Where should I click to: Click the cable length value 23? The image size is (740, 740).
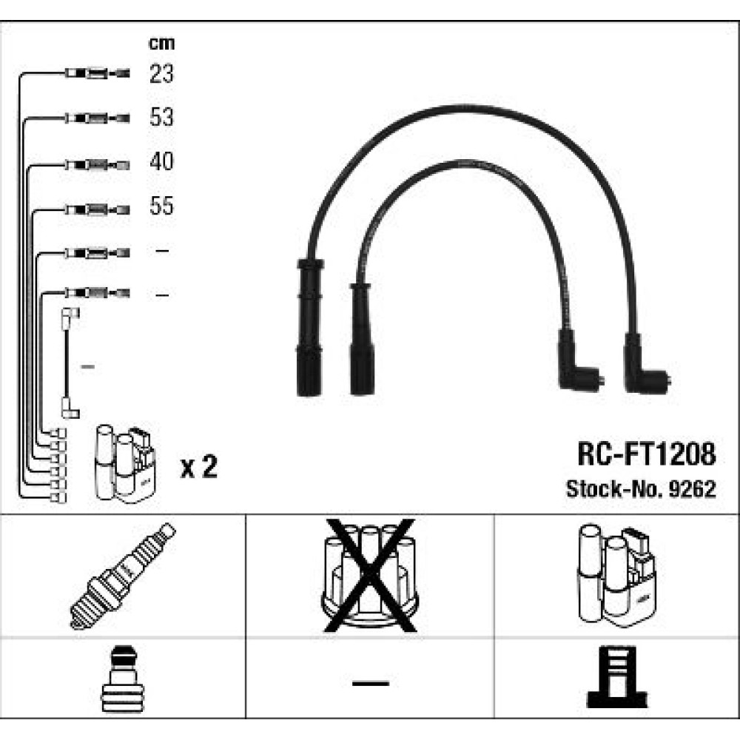click(x=161, y=73)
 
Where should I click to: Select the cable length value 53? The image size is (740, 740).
click(x=161, y=117)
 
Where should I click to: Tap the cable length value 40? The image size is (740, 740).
click(x=161, y=161)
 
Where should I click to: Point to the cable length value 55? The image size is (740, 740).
click(x=161, y=206)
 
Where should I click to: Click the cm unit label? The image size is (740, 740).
click(x=161, y=44)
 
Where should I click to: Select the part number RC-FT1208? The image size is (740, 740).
click(x=647, y=454)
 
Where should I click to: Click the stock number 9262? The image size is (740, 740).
click(x=693, y=489)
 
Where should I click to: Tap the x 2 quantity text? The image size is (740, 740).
click(x=198, y=466)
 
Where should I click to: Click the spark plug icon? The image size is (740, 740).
click(x=123, y=576)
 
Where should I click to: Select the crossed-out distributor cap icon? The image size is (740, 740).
click(x=369, y=576)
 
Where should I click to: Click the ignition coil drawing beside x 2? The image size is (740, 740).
click(x=125, y=464)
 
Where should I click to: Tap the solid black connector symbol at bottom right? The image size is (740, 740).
click(x=617, y=677)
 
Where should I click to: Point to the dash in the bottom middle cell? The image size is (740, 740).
click(x=371, y=683)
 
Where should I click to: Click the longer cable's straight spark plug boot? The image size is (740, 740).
click(x=309, y=327)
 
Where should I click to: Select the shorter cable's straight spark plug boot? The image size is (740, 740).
click(x=362, y=339)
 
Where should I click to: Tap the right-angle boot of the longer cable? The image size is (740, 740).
click(x=645, y=364)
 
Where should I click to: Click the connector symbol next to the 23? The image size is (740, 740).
click(x=97, y=73)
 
